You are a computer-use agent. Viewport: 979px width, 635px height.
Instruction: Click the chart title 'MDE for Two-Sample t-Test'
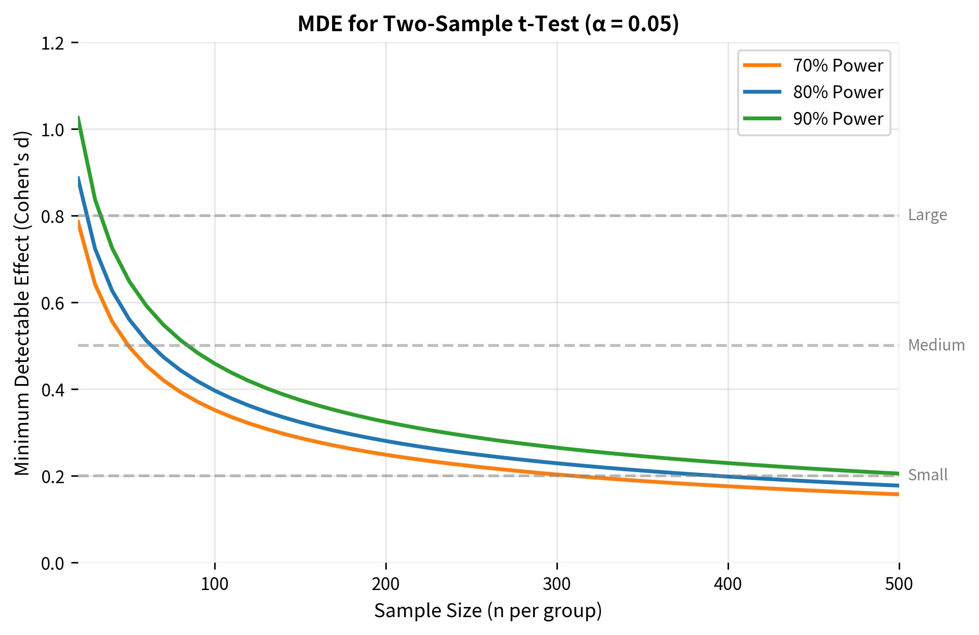(x=488, y=24)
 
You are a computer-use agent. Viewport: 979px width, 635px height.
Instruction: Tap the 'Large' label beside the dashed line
(x=927, y=215)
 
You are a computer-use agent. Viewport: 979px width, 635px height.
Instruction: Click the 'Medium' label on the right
(x=936, y=345)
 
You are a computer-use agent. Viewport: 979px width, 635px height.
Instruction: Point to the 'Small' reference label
(x=927, y=475)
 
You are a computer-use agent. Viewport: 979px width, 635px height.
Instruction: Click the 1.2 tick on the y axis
(x=52, y=43)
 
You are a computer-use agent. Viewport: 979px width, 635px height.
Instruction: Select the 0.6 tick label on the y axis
(x=52, y=303)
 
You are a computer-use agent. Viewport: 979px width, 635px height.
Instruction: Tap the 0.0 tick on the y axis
(x=52, y=563)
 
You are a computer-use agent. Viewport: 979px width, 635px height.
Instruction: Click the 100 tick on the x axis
(x=215, y=584)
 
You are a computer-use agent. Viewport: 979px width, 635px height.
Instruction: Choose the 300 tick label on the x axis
(x=557, y=584)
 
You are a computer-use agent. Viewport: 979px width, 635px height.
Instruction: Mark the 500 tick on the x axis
(x=899, y=584)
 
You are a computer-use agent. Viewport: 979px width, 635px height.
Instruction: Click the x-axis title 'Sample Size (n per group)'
(x=488, y=611)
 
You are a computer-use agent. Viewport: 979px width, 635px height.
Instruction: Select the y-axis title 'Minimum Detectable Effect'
(x=22, y=303)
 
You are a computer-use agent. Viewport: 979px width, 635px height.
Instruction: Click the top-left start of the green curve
(x=79, y=117)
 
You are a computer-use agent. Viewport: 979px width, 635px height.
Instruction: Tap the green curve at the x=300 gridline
(x=557, y=447)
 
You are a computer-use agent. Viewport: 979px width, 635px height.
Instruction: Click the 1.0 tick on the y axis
(x=52, y=130)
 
